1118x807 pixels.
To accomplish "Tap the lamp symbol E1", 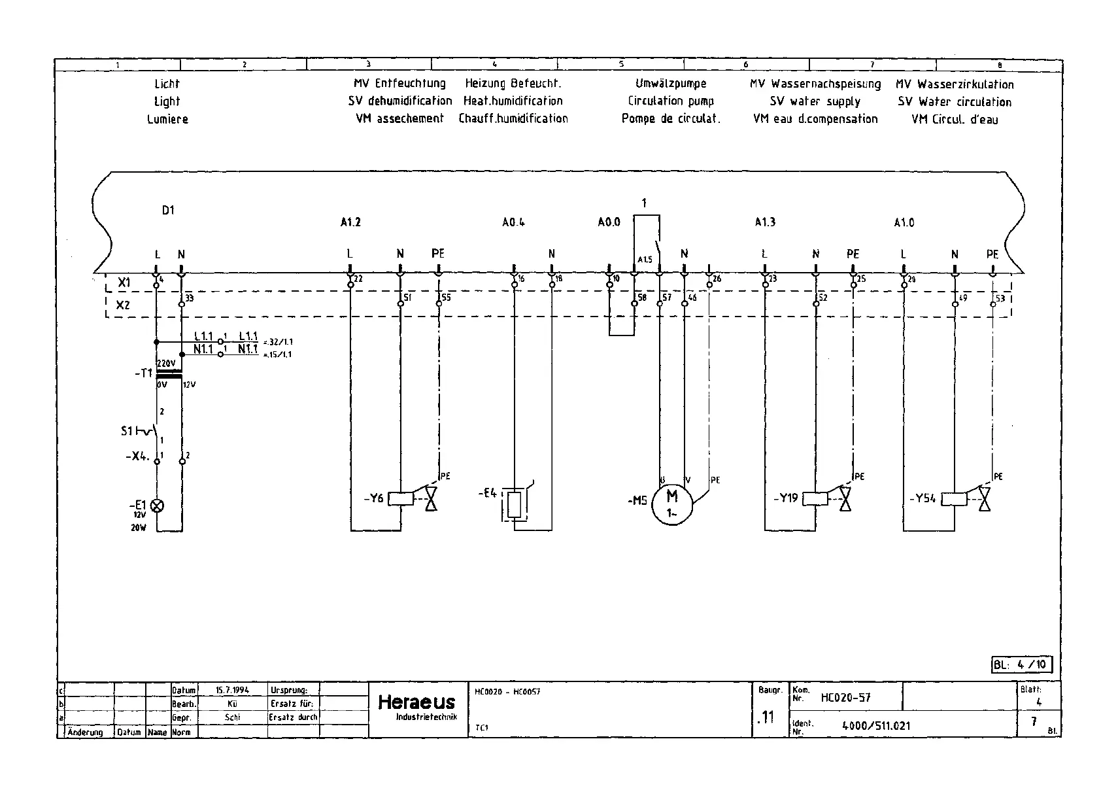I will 157,506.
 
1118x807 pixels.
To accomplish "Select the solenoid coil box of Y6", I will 401,499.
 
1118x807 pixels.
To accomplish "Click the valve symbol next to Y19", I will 845,499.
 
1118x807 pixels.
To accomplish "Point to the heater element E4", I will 515,504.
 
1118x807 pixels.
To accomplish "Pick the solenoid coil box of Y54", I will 954,499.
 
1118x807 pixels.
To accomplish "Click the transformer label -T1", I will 143,373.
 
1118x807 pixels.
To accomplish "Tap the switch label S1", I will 127,431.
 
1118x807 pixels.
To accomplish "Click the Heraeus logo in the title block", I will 416,703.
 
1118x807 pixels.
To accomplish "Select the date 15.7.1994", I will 232,690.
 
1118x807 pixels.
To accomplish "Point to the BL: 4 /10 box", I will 1022,665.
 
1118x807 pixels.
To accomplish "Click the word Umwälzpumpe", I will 671,84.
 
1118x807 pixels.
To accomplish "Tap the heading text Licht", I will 167,84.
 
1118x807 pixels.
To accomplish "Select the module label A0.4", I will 513,222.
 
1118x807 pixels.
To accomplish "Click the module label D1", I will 168,211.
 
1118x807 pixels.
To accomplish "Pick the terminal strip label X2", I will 123,305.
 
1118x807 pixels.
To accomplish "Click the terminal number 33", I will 189,298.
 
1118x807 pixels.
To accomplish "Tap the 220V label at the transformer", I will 165,364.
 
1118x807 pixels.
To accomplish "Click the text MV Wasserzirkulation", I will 955,84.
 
